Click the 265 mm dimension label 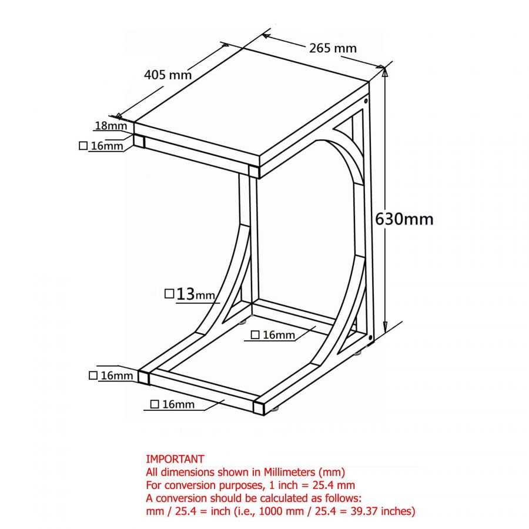point(333,48)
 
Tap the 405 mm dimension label point(168,75)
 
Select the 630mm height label point(404,219)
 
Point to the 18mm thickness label point(111,126)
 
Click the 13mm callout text point(195,294)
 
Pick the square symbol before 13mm point(169,293)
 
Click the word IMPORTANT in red point(175,459)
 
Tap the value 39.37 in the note point(365,511)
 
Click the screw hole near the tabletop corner point(366,101)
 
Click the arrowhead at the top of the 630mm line point(384,72)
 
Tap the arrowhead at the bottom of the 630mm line point(385,326)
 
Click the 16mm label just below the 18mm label point(107,146)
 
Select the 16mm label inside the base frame point(279,335)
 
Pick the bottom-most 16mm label point(179,404)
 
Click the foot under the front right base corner point(275,409)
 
